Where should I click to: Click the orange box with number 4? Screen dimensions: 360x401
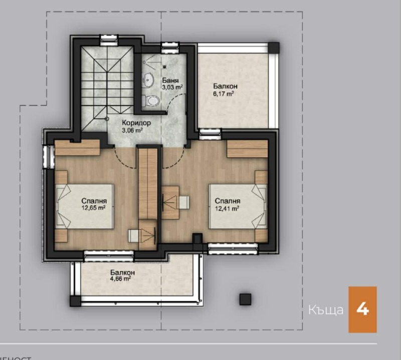pos(362,309)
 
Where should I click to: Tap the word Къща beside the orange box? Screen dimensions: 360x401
pos(326,310)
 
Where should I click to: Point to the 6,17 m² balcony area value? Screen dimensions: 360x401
pos(224,93)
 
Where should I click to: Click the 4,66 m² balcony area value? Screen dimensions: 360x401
pos(120,279)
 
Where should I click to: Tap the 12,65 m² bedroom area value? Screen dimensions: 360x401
pos(94,207)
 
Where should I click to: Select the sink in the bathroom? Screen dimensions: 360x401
pos(148,80)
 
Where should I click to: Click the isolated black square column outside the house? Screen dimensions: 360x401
pos(245,299)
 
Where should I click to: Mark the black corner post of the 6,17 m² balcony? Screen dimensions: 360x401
pos(273,47)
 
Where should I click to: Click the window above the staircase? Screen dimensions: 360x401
pos(108,38)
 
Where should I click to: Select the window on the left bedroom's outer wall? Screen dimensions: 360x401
pos(49,156)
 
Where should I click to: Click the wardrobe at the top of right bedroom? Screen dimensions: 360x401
pos(247,149)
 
